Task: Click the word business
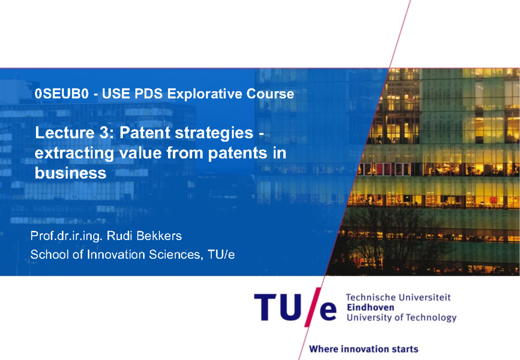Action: pos(70,173)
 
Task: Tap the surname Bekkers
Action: pos(162,236)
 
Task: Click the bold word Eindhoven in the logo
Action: pos(370,307)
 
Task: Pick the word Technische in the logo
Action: pos(371,297)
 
